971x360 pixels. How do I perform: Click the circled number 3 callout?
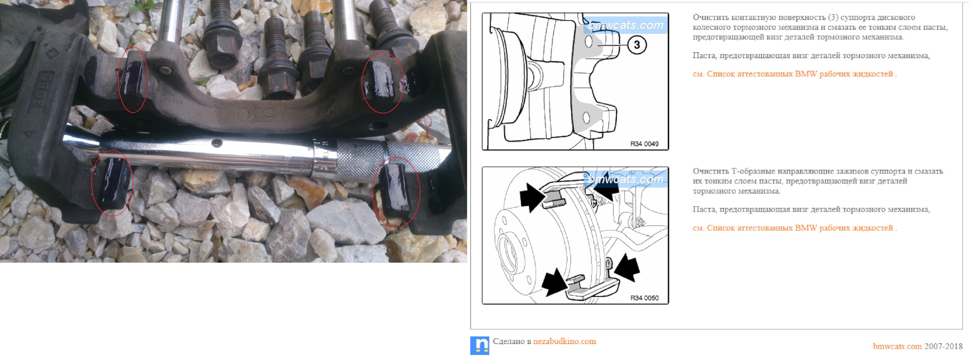coord(637,45)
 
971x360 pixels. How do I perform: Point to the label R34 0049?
coord(644,144)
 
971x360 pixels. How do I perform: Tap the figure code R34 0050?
coord(644,298)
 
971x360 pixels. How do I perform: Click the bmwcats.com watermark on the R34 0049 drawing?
coord(626,25)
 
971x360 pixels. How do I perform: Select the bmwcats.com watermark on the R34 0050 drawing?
coord(626,179)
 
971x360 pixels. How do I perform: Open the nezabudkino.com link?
coord(564,341)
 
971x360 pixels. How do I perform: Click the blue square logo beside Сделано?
coord(479,345)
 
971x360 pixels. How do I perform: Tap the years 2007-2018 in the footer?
coord(944,346)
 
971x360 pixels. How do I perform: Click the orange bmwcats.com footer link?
coord(897,346)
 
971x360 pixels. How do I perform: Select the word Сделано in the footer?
coord(509,341)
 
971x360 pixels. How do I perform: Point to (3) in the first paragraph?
coord(833,18)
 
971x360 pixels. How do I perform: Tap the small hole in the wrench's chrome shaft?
coord(216,143)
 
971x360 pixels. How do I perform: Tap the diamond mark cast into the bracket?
coord(50,54)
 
